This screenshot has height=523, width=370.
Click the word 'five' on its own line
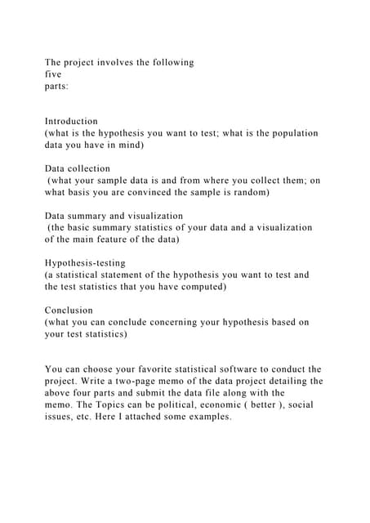click(x=53, y=74)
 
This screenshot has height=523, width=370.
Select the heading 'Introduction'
click(x=71, y=121)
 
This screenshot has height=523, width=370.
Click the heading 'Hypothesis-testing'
click(x=85, y=263)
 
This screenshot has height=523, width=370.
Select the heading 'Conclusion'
click(x=69, y=311)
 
